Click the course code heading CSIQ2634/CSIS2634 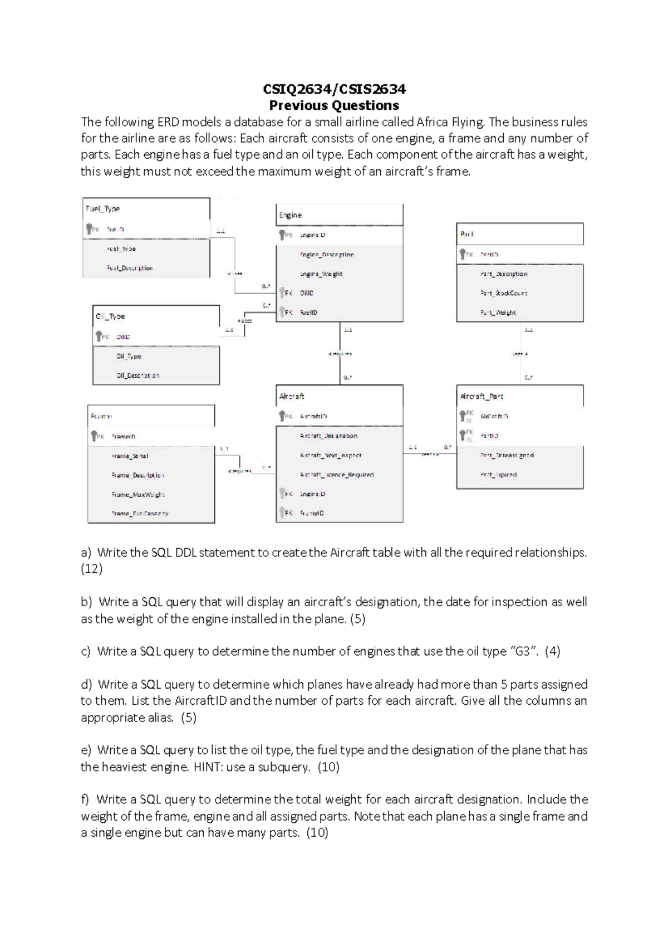[334, 89]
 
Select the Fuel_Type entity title [102, 209]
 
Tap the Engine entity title [291, 215]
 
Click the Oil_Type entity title [110, 316]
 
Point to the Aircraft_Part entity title [482, 397]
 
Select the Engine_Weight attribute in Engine [321, 274]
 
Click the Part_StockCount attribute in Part [503, 293]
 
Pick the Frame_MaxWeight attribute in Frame [138, 495]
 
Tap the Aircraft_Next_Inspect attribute [331, 456]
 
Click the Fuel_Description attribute [130, 268]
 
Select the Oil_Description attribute [137, 376]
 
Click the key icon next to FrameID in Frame [94, 436]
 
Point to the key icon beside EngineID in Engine [282, 235]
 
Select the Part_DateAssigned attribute [507, 456]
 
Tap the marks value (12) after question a [92, 569]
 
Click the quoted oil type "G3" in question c [524, 651]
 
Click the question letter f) [85, 799]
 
